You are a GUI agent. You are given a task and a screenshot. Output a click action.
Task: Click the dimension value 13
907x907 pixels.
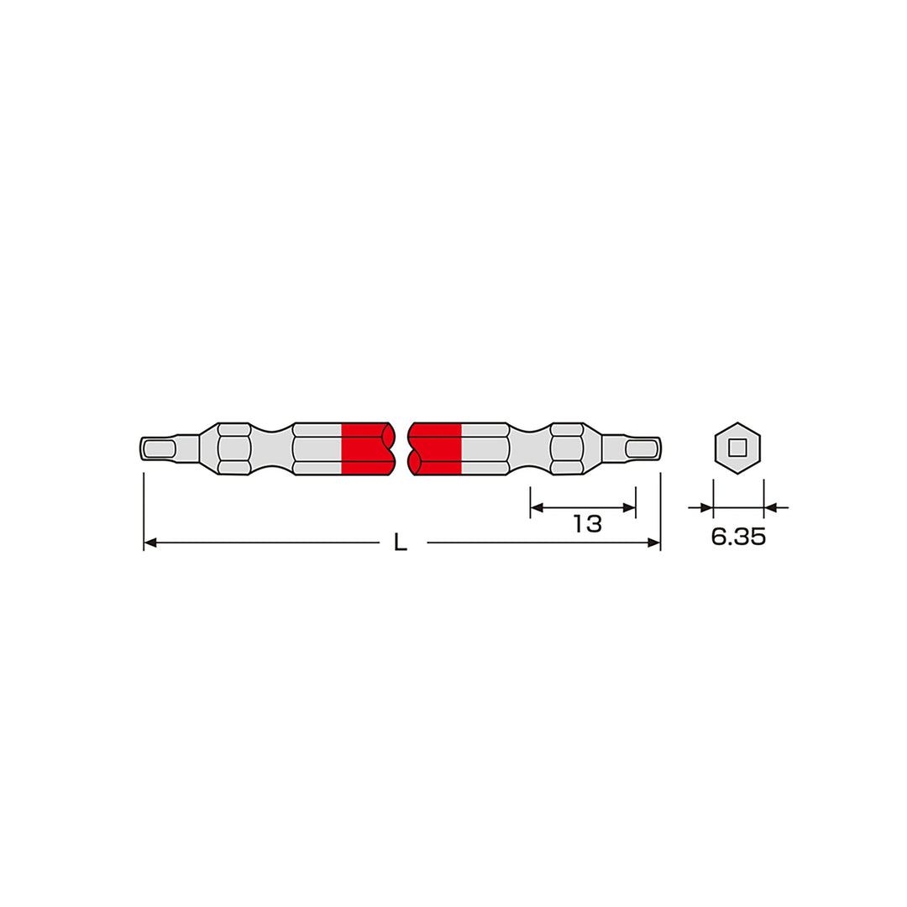(588, 524)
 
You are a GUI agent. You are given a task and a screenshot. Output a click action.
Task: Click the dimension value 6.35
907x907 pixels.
(738, 537)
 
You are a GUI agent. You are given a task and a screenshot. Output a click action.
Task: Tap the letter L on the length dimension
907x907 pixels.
(401, 542)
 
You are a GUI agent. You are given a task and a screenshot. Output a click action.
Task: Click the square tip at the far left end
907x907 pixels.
(158, 448)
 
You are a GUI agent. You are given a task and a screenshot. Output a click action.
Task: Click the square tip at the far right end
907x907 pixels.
(642, 448)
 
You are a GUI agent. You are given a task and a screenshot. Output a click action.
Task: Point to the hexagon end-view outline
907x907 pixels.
(737, 424)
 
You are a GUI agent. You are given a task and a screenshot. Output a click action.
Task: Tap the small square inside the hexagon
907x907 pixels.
(737, 448)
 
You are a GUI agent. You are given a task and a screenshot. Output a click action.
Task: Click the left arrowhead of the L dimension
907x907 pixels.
(149, 543)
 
